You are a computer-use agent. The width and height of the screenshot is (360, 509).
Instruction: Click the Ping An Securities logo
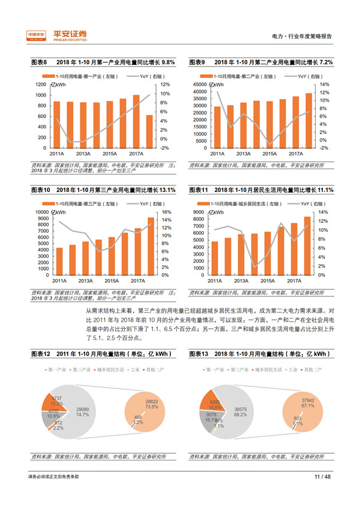coord(58,35)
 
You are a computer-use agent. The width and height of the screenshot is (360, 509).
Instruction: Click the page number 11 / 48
coord(322,477)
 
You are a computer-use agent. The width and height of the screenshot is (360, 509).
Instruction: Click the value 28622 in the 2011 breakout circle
coord(151,400)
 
